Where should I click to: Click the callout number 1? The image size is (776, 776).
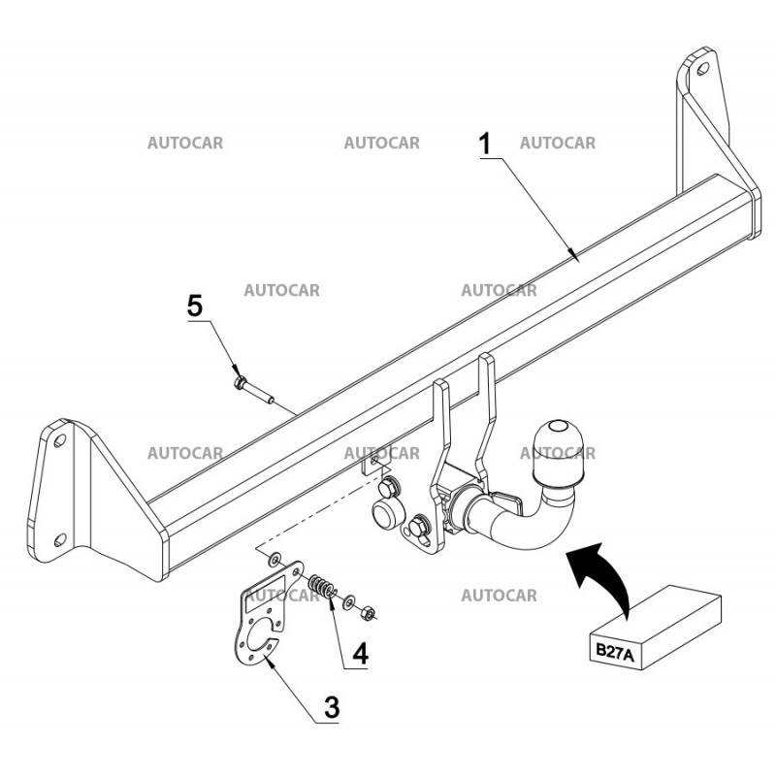point(485,144)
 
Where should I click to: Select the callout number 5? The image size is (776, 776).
point(195,307)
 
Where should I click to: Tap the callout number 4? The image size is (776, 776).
point(360,654)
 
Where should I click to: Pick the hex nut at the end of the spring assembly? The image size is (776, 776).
point(367,612)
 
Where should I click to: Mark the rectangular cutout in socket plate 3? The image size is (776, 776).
point(263,600)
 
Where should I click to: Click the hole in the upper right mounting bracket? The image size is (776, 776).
point(700,71)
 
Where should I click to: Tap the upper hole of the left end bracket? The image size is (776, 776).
point(61,441)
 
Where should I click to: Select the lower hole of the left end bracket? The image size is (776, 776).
point(61,540)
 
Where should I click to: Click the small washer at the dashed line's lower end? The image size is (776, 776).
point(276,559)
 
